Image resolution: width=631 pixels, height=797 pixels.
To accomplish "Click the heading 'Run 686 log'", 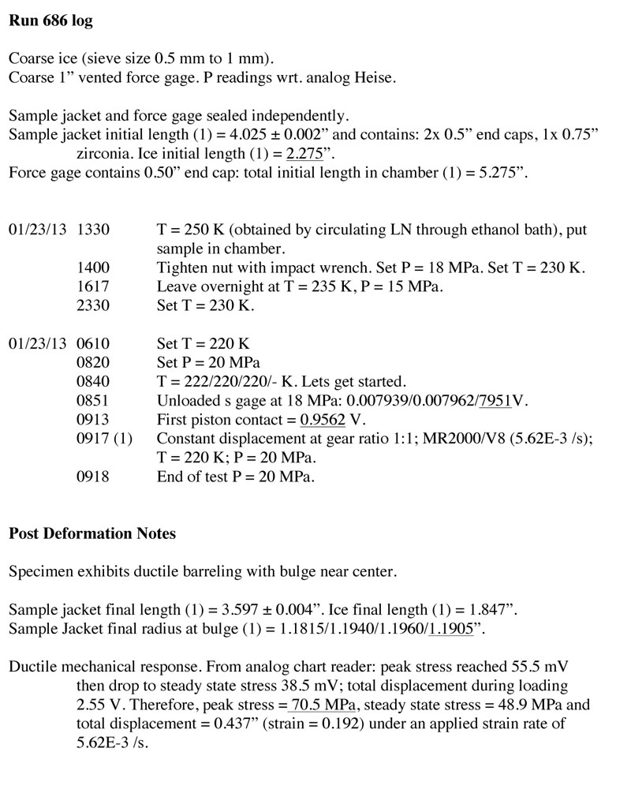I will click(x=50, y=21).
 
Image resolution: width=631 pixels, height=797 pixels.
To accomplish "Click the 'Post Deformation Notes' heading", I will click(x=92, y=533).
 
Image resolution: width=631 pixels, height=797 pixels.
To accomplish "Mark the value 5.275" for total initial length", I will click(x=502, y=173).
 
